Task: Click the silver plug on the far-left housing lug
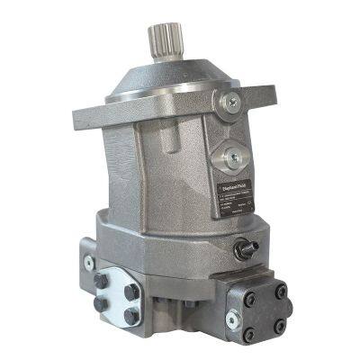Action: click(88, 263)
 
